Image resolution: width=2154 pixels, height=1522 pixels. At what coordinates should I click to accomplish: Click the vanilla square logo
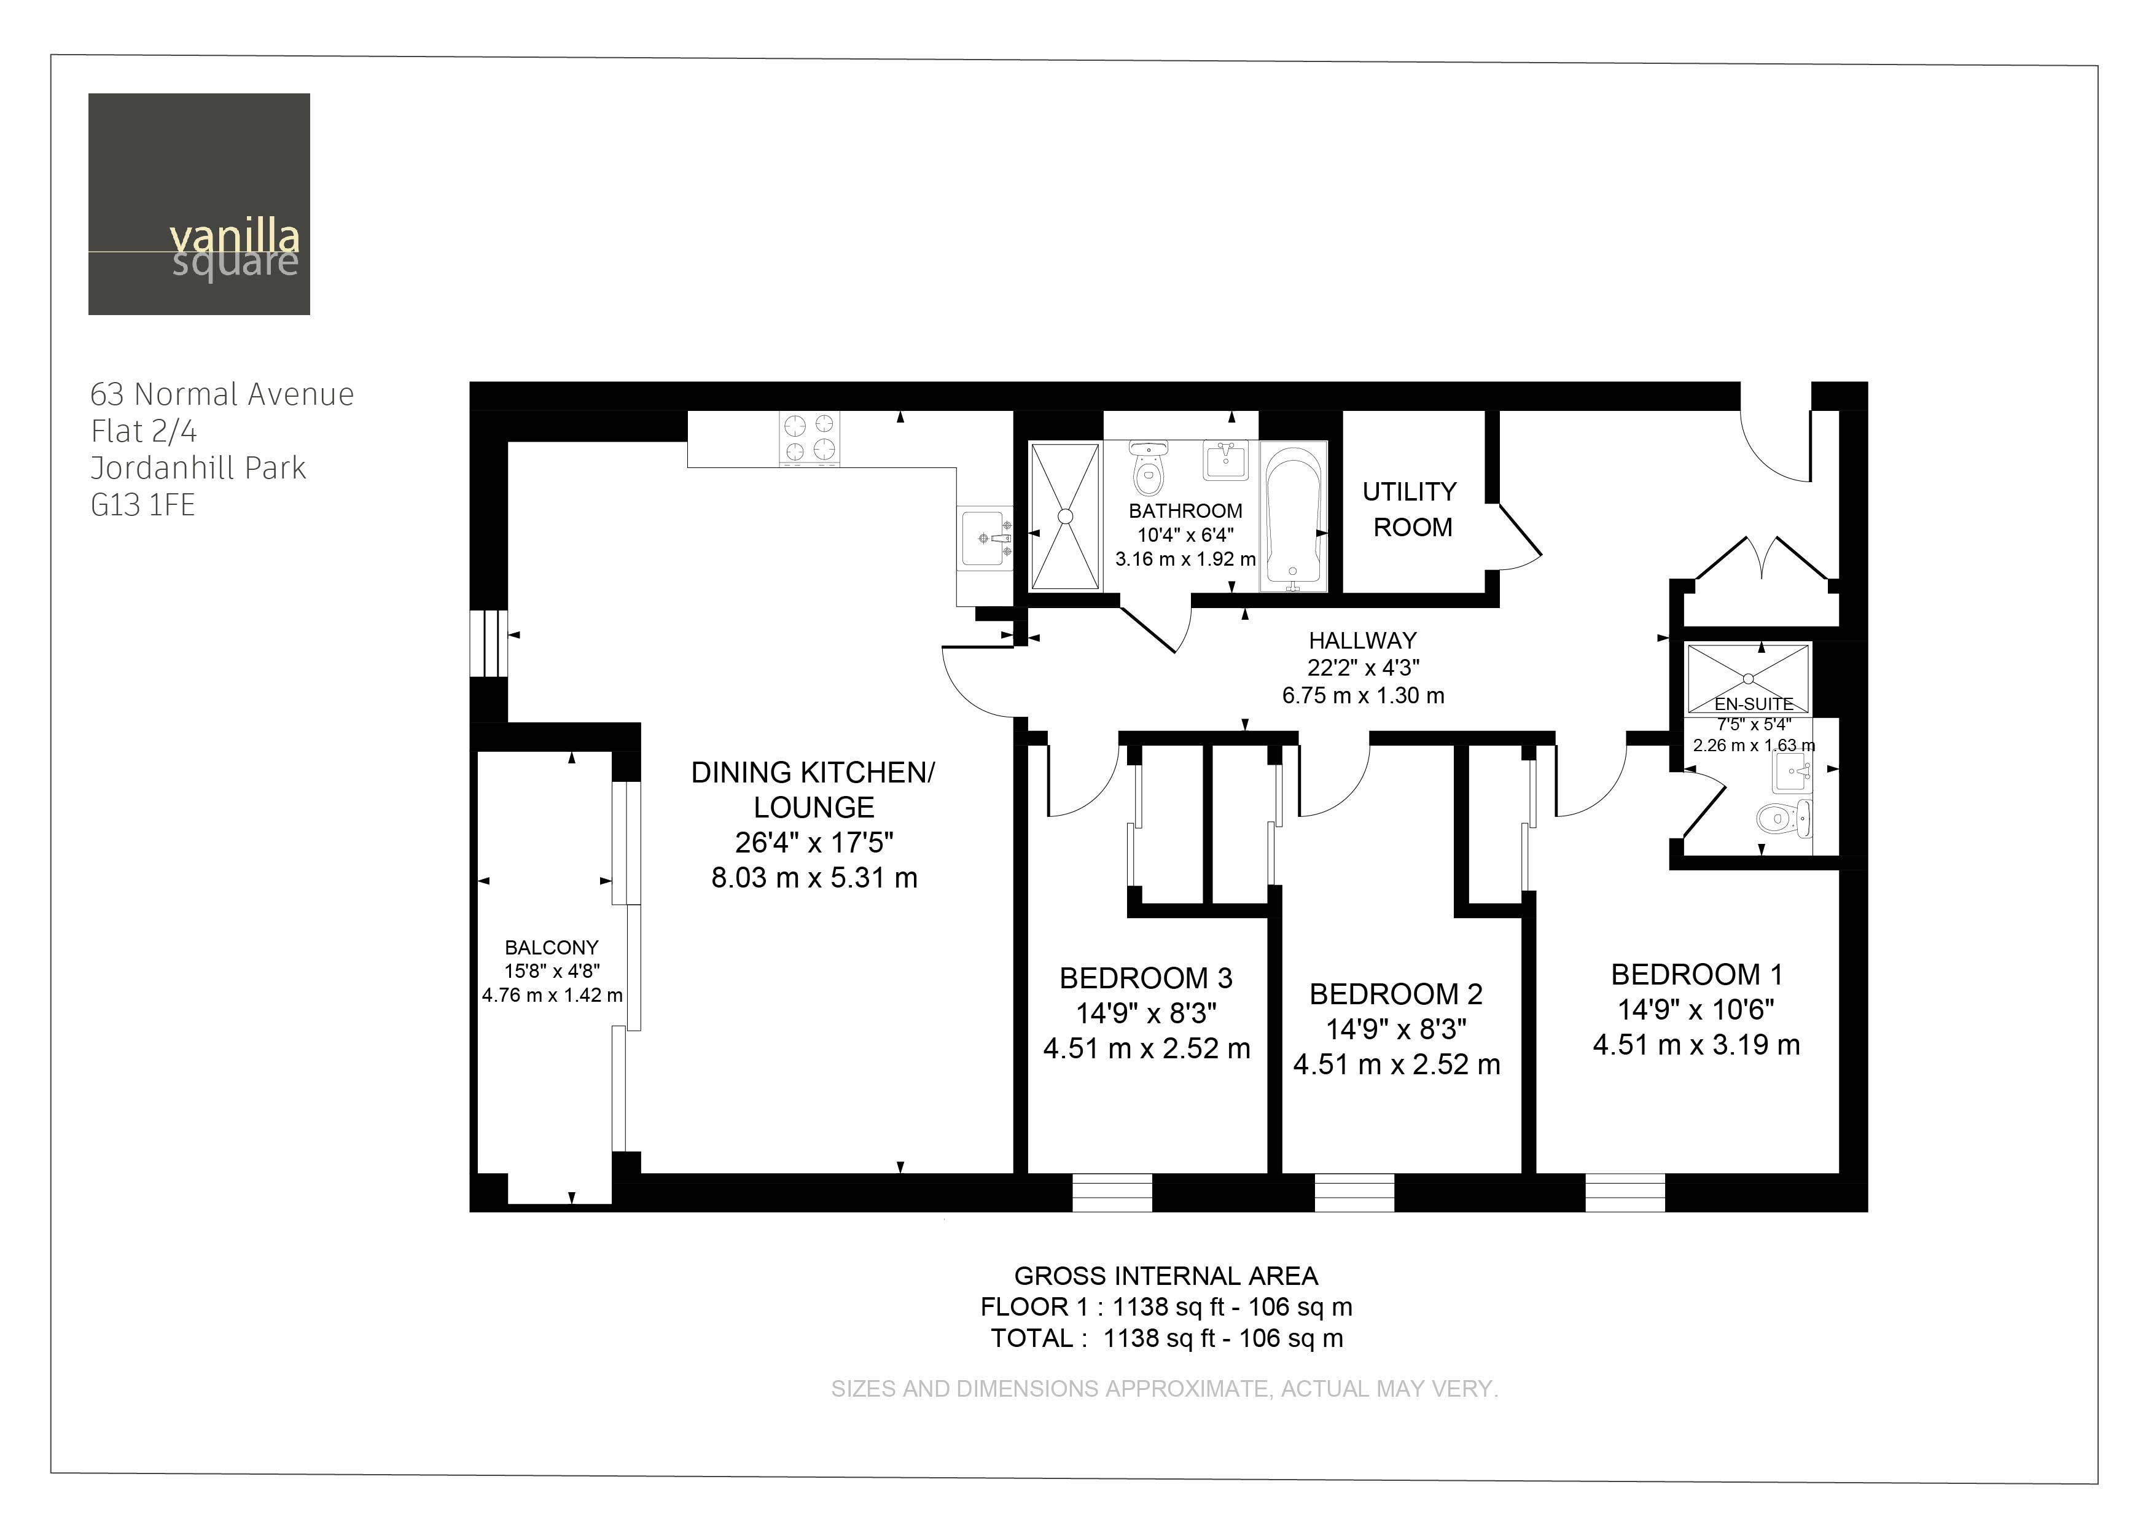click(199, 204)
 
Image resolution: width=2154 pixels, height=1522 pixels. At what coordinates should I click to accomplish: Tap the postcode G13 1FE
click(142, 505)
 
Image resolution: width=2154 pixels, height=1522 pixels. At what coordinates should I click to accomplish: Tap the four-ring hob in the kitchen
click(809, 438)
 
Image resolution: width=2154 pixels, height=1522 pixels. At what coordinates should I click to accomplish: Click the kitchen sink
click(985, 539)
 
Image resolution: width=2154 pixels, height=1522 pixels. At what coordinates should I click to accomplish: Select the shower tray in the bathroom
click(1065, 516)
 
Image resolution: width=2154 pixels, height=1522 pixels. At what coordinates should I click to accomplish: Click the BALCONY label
click(552, 948)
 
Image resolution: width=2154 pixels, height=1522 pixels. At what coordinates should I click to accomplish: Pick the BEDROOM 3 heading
click(1145, 978)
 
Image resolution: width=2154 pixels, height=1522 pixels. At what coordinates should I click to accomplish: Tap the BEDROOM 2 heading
click(1396, 994)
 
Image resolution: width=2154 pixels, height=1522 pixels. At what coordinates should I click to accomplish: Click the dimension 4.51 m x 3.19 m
click(1696, 1044)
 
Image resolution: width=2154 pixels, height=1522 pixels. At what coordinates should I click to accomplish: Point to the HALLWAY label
click(1362, 641)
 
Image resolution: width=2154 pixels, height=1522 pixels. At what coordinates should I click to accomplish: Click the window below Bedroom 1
click(1625, 1193)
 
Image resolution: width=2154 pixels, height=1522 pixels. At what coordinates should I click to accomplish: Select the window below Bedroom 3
click(1112, 1193)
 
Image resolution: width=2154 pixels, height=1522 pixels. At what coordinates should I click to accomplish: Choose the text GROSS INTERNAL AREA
click(1166, 1276)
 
